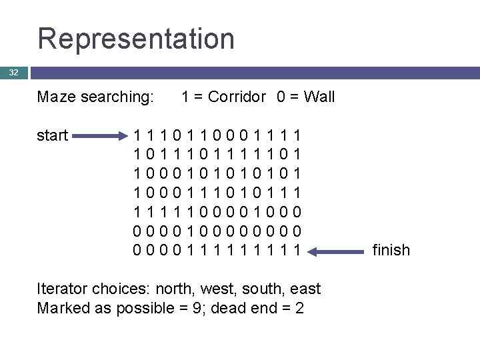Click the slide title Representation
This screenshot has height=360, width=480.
(x=136, y=38)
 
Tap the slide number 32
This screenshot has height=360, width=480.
(x=14, y=72)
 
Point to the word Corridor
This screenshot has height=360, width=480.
(x=237, y=97)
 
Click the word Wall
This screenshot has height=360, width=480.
(x=319, y=97)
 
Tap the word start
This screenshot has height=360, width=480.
(x=53, y=136)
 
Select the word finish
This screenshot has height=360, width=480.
(x=391, y=250)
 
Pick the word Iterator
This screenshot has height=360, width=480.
(x=64, y=289)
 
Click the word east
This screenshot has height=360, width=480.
(x=305, y=289)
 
